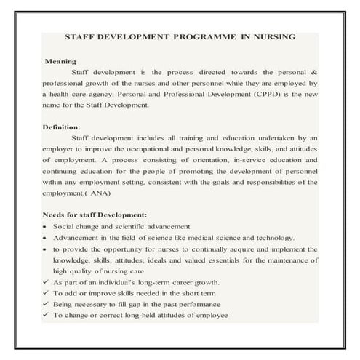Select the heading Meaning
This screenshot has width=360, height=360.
[x=60, y=62]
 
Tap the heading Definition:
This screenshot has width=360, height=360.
[x=63, y=127]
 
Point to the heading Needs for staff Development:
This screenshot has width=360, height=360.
[x=95, y=215]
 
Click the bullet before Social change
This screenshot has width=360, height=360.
[x=47, y=227]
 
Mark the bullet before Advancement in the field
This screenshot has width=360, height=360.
[x=47, y=238]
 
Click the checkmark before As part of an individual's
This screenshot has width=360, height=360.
[x=47, y=282]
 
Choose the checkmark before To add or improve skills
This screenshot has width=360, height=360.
[x=47, y=293]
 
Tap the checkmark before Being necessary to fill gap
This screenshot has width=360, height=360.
[x=47, y=304]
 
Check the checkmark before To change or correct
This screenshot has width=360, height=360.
[x=47, y=316]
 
